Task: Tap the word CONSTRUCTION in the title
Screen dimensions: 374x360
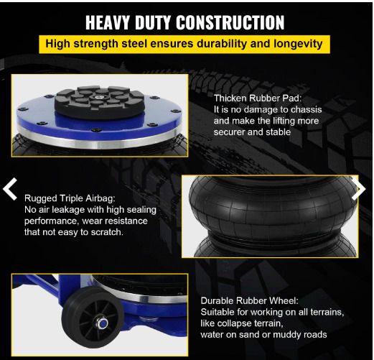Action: click(230, 22)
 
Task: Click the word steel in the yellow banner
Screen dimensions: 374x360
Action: click(135, 44)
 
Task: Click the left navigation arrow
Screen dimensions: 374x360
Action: click(10, 189)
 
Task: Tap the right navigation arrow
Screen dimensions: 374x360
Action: click(358, 189)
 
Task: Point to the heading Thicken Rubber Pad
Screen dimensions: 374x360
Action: click(258, 98)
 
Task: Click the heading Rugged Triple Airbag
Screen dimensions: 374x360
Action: click(70, 198)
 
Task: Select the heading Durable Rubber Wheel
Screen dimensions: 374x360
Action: click(249, 301)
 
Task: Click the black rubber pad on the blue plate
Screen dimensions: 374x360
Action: click(99, 103)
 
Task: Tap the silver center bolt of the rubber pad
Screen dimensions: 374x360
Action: click(98, 97)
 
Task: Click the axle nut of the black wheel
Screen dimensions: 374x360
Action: click(102, 323)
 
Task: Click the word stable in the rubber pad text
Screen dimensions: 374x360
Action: click(279, 132)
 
